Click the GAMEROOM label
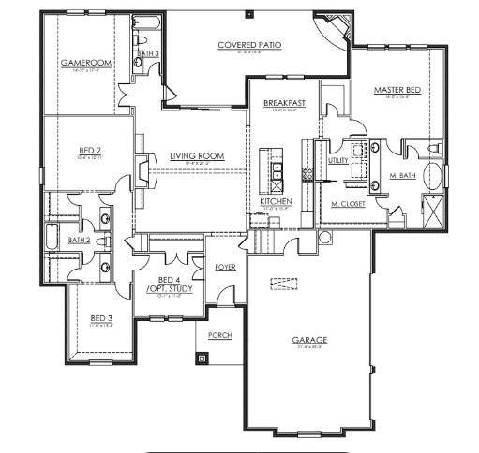click(x=80, y=64)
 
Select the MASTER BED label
click(x=397, y=90)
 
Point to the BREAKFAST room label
click(x=283, y=102)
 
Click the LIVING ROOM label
click(x=195, y=156)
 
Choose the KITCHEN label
click(x=276, y=202)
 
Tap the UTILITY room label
click(x=337, y=161)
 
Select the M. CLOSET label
click(x=347, y=202)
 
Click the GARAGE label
click(x=308, y=340)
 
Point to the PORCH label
click(x=219, y=335)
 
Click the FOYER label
click(x=225, y=267)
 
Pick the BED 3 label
click(x=100, y=317)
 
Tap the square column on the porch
click(x=203, y=357)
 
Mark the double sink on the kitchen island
click(x=278, y=169)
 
